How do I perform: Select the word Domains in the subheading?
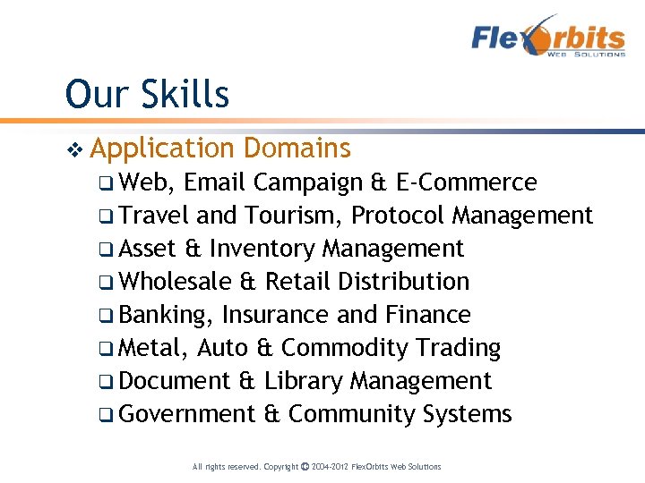tap(297, 148)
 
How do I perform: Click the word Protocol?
tap(399, 216)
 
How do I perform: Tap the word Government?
tap(187, 414)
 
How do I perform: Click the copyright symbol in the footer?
tap(305, 467)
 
